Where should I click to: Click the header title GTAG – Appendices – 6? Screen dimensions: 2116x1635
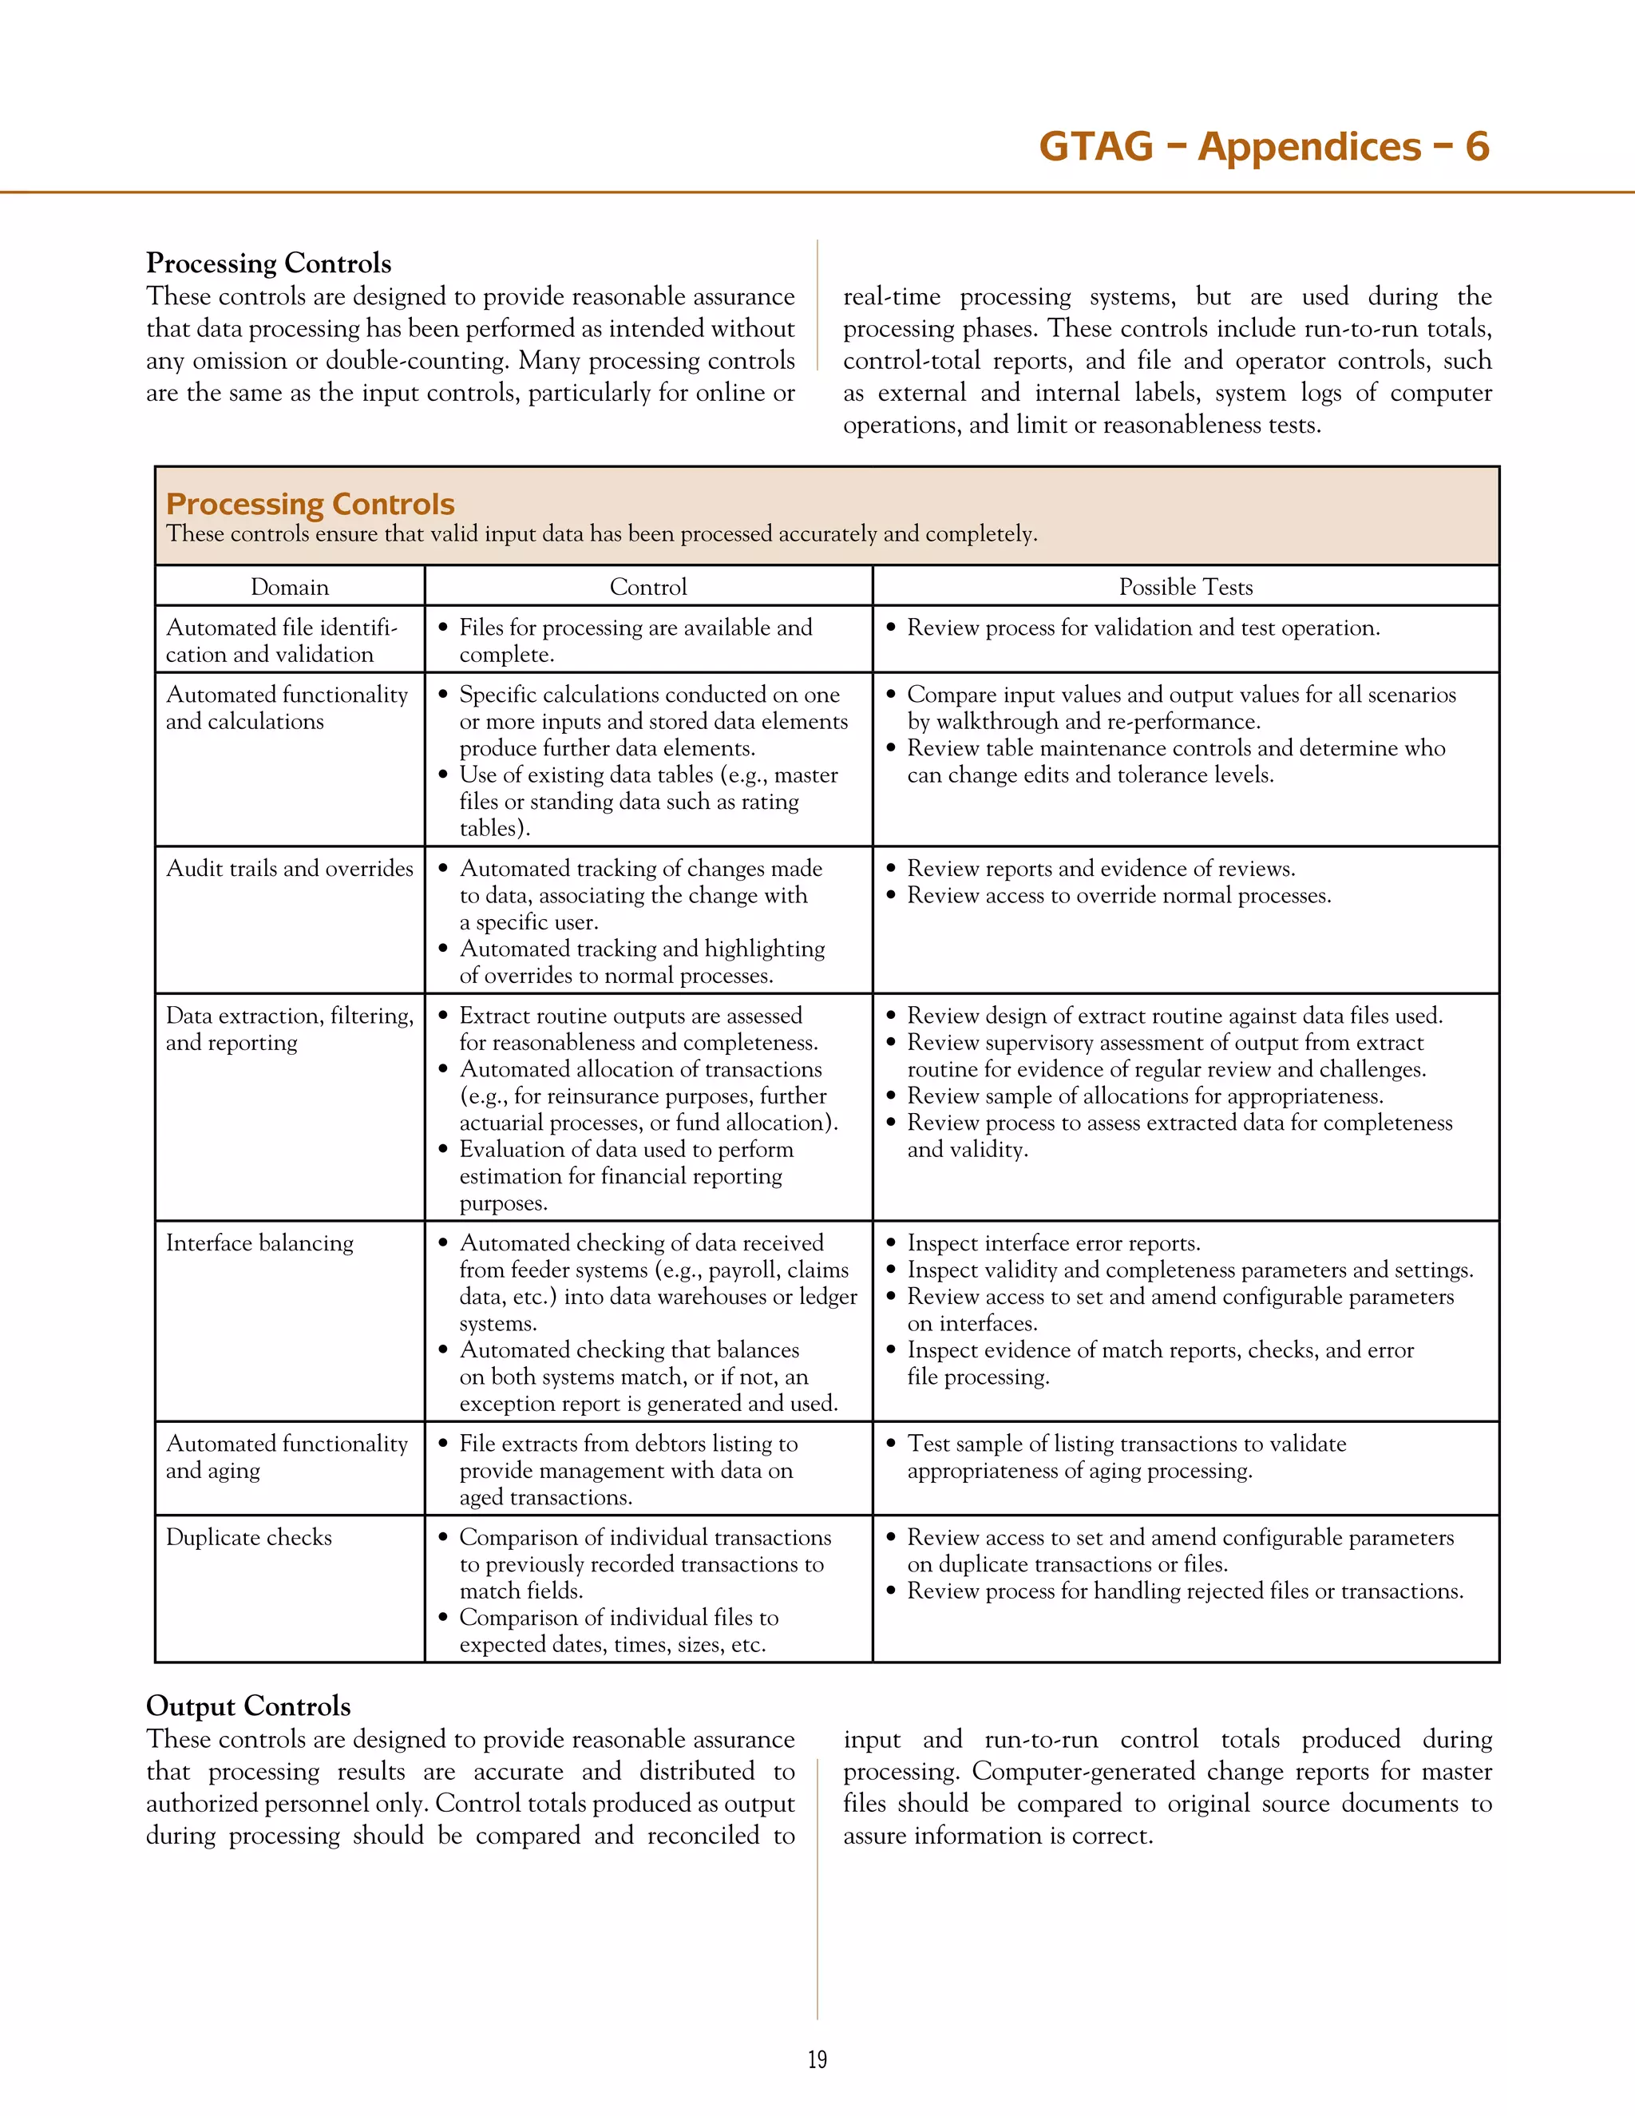coord(1263,146)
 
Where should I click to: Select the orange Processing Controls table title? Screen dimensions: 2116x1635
coord(310,504)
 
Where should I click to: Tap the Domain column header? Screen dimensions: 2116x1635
coord(290,587)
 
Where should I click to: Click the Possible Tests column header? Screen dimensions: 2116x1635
coord(1186,587)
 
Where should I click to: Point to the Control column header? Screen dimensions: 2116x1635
coord(648,587)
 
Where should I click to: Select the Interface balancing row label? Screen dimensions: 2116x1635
coord(259,1243)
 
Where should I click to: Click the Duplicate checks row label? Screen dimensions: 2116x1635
coord(249,1538)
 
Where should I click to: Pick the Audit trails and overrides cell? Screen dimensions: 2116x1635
coord(290,868)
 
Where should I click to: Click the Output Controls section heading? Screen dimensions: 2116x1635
coord(248,1706)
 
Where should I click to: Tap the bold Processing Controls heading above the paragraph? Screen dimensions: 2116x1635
coord(268,264)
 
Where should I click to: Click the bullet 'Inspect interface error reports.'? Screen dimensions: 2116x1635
coord(1053,1243)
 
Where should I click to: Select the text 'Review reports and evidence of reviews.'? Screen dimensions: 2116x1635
coord(1100,868)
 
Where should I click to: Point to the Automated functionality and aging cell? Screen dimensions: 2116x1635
coord(287,1457)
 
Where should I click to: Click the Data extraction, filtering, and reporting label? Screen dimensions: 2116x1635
coord(290,1029)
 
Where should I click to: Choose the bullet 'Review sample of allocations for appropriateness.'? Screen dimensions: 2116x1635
coord(1145,1096)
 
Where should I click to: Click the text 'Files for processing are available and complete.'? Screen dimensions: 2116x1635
coord(635,640)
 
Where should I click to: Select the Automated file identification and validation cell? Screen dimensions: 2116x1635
coord(281,640)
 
